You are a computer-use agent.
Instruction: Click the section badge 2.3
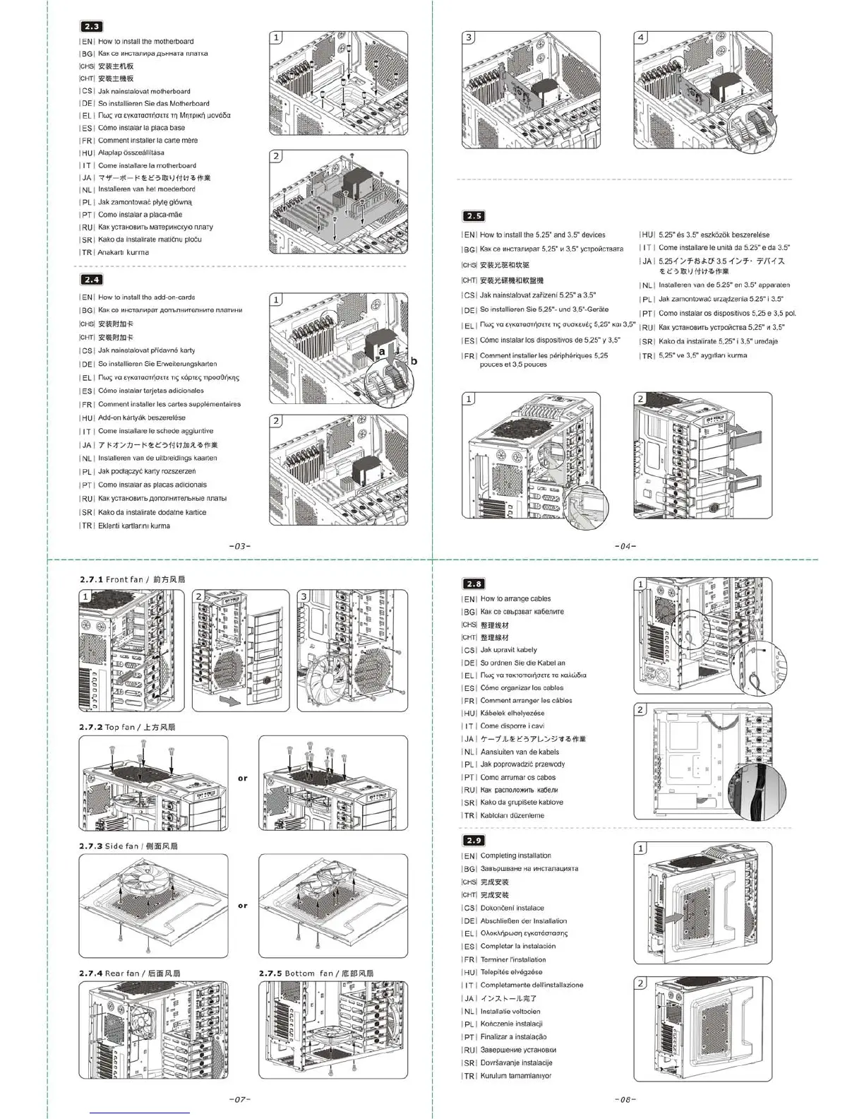click(92, 27)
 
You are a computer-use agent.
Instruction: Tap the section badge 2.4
click(92, 280)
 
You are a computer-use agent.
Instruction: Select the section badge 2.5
click(474, 216)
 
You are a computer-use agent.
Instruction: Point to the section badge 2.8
click(474, 584)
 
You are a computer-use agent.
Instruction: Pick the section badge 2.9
click(474, 840)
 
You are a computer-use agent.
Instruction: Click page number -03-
click(240, 546)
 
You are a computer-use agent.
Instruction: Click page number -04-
click(625, 546)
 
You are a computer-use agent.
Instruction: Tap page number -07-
click(240, 1099)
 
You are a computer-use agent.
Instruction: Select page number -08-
click(625, 1099)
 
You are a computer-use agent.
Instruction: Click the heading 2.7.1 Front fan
click(132, 579)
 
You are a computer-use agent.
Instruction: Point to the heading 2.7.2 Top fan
click(127, 727)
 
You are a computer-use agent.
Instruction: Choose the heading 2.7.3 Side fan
click(128, 846)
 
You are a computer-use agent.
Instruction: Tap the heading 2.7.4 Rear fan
click(130, 973)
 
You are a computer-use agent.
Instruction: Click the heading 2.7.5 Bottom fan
click(316, 973)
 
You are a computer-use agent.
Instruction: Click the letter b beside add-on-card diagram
click(414, 361)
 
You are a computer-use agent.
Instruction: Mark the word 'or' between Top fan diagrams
click(243, 778)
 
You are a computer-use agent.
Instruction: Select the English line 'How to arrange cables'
click(515, 598)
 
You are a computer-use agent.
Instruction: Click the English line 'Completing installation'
click(515, 855)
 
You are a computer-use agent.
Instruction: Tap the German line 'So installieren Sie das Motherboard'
click(153, 103)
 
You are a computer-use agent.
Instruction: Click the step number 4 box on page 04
click(641, 37)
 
